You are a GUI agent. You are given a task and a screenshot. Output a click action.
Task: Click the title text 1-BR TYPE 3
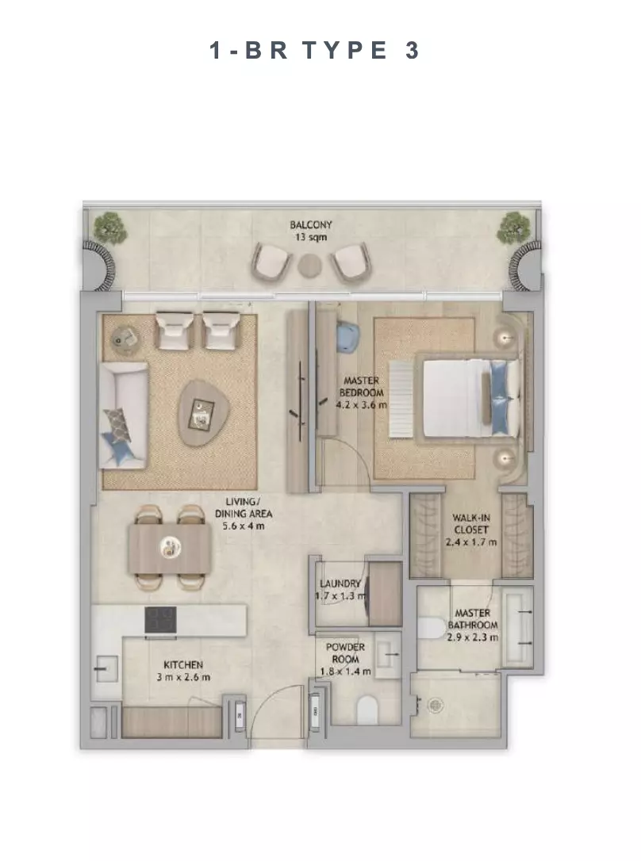click(x=314, y=51)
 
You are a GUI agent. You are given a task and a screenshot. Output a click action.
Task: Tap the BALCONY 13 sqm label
click(x=311, y=231)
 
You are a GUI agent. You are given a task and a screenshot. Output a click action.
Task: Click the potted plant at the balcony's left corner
click(x=109, y=228)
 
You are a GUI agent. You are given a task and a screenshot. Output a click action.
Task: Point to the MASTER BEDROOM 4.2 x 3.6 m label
click(x=362, y=392)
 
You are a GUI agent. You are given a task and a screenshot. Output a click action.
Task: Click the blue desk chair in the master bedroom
click(x=347, y=335)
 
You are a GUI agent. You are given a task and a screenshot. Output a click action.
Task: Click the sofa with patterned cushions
click(x=123, y=415)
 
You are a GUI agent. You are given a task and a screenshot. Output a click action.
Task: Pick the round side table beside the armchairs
click(x=126, y=339)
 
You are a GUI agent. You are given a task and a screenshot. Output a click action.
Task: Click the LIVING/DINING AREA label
click(x=244, y=514)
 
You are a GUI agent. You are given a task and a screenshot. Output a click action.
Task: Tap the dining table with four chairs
click(x=171, y=548)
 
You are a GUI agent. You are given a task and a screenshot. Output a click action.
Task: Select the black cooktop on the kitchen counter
click(x=160, y=620)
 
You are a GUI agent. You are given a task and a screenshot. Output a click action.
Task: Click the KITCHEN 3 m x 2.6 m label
click(x=183, y=671)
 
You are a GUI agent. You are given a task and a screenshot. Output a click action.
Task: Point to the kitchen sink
click(x=106, y=669)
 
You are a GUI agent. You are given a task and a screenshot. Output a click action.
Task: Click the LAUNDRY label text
click(x=340, y=584)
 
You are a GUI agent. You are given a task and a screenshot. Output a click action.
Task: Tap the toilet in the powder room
click(x=367, y=710)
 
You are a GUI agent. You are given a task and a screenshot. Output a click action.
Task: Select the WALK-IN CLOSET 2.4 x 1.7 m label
click(x=471, y=530)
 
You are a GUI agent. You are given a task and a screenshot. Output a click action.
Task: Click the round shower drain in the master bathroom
click(x=436, y=705)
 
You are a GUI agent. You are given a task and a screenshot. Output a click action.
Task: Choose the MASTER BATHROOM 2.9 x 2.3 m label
click(x=472, y=625)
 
